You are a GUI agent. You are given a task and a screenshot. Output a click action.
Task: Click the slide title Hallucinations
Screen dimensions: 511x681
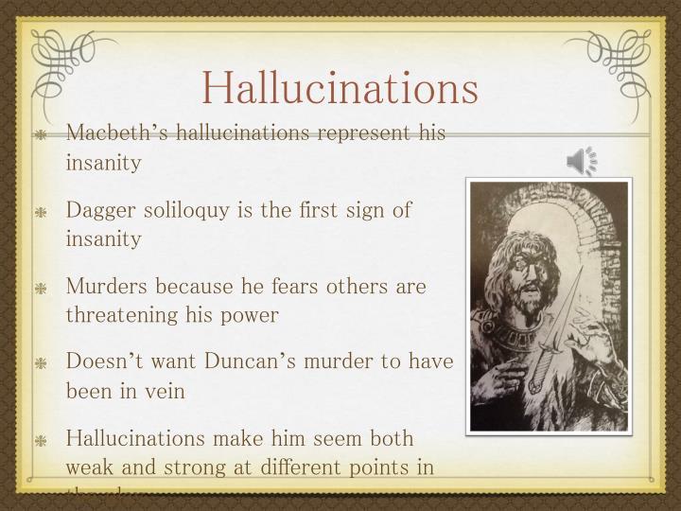click(x=340, y=87)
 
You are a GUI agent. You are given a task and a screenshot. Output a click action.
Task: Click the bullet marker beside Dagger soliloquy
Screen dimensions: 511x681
click(x=42, y=211)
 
